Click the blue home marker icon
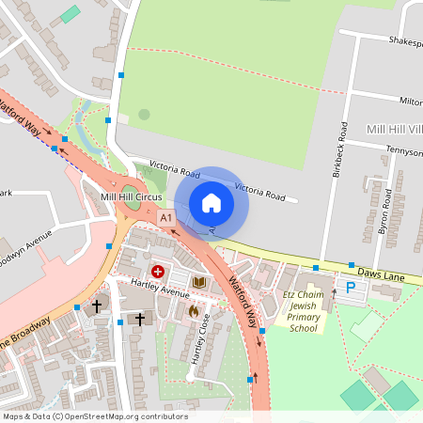[211, 202]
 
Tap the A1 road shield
[166, 218]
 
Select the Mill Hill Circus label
[132, 196]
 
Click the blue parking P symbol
[352, 288]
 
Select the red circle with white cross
[158, 272]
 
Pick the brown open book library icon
[199, 281]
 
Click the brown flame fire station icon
[193, 310]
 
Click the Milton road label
[410, 101]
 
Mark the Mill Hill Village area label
[394, 128]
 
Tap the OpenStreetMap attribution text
[95, 416]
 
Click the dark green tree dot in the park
[144, 115]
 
